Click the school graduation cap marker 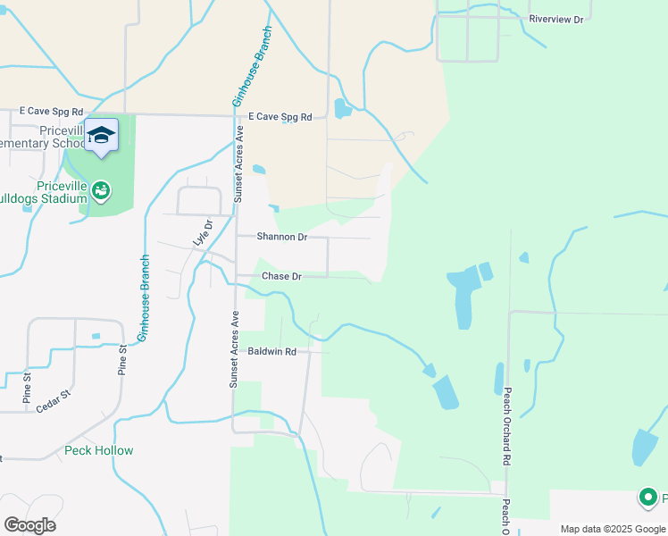(101, 135)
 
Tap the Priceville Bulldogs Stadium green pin (101, 190)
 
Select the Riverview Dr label (555, 19)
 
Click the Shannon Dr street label (281, 237)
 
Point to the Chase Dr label (281, 276)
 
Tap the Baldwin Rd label (271, 352)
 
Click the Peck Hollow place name (99, 450)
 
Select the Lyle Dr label (199, 232)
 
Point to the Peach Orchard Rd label (505, 425)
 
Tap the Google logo (29, 524)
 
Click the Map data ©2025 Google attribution (614, 529)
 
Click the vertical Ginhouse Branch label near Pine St (143, 297)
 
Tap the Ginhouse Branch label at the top (252, 78)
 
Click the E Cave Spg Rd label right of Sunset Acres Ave (280, 117)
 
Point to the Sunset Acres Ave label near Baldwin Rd (235, 348)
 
